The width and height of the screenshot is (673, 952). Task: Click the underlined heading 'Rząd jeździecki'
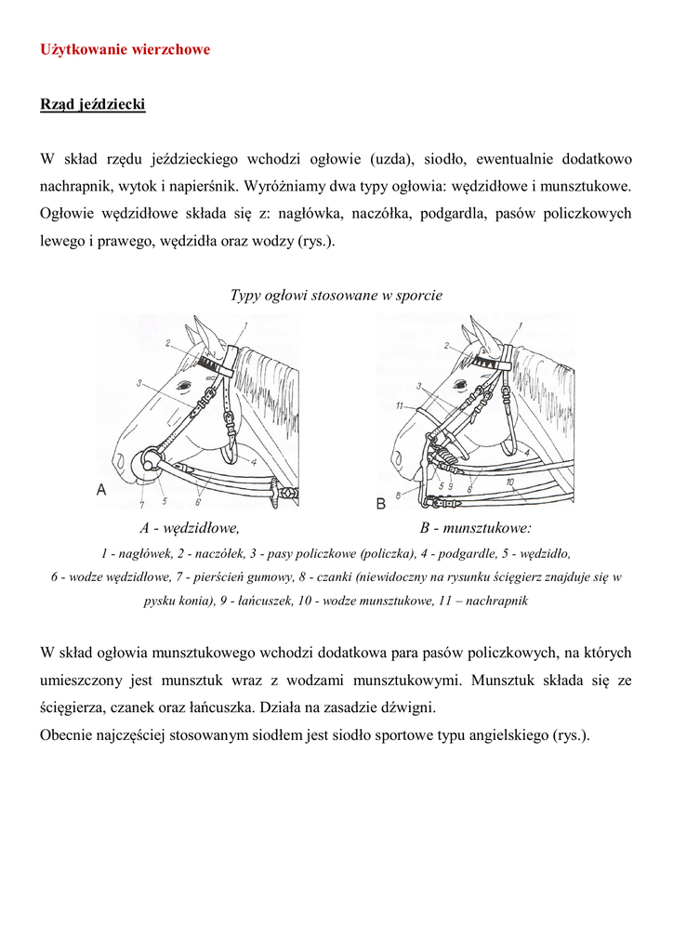92,105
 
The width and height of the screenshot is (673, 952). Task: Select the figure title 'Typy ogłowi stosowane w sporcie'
336,295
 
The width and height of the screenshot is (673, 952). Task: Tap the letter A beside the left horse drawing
101,490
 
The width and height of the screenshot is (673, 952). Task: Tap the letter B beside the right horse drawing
380,503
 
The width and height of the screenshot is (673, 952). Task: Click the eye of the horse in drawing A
184,384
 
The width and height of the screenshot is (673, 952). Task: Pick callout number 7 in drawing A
142,504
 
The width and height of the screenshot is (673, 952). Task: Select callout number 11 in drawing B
398,406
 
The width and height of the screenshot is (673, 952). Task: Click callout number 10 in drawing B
510,482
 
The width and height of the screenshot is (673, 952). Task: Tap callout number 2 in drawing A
168,343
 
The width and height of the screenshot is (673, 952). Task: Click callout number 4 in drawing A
252,460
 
